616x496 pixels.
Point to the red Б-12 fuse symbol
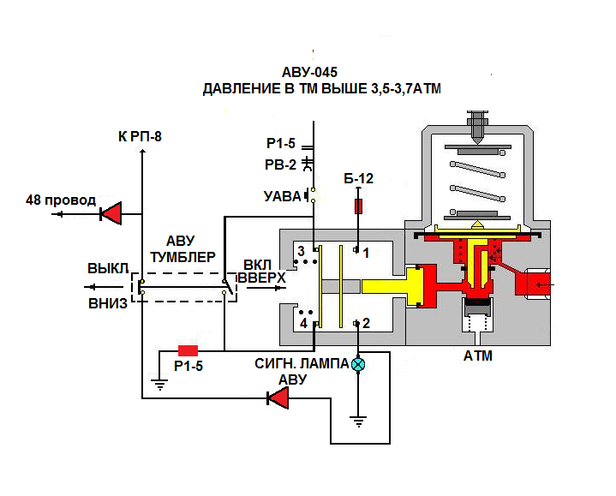point(360,206)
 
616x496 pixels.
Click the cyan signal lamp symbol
point(359,364)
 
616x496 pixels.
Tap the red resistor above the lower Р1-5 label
point(188,350)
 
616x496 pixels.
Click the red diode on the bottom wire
point(278,397)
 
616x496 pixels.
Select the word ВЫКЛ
point(107,267)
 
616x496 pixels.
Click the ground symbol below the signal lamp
point(360,420)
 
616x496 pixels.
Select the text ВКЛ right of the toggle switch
point(258,265)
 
